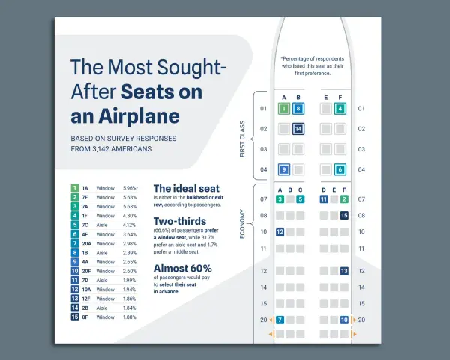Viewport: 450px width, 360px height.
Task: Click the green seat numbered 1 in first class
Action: [x=284, y=109]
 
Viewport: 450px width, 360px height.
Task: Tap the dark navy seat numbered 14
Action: [x=298, y=129]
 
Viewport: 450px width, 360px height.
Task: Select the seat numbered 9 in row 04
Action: [x=284, y=169]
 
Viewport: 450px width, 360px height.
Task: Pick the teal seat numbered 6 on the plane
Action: [x=340, y=169]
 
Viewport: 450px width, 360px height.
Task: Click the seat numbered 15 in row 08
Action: [x=344, y=215]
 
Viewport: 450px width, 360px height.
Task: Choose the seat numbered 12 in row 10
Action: [x=280, y=232]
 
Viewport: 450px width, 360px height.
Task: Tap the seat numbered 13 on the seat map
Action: [x=344, y=271]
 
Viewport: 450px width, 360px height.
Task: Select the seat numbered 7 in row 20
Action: [x=280, y=319]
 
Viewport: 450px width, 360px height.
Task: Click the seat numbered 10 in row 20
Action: [x=344, y=319]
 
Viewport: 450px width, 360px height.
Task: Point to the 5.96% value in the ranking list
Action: [x=130, y=188]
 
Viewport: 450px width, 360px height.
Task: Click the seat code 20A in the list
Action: [x=87, y=244]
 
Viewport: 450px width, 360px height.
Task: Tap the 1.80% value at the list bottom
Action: [x=130, y=317]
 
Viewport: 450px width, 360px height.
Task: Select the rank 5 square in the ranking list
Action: [x=75, y=225]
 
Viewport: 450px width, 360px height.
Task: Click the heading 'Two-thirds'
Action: [x=180, y=221]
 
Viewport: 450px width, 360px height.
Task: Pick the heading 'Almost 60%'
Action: [x=183, y=268]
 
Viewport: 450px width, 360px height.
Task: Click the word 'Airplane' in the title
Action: [x=139, y=116]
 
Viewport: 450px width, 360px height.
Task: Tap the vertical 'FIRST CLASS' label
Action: [x=242, y=139]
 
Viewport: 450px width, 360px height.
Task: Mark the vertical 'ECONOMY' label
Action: [x=242, y=224]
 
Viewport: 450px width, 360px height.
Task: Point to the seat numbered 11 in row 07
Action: [x=324, y=199]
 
